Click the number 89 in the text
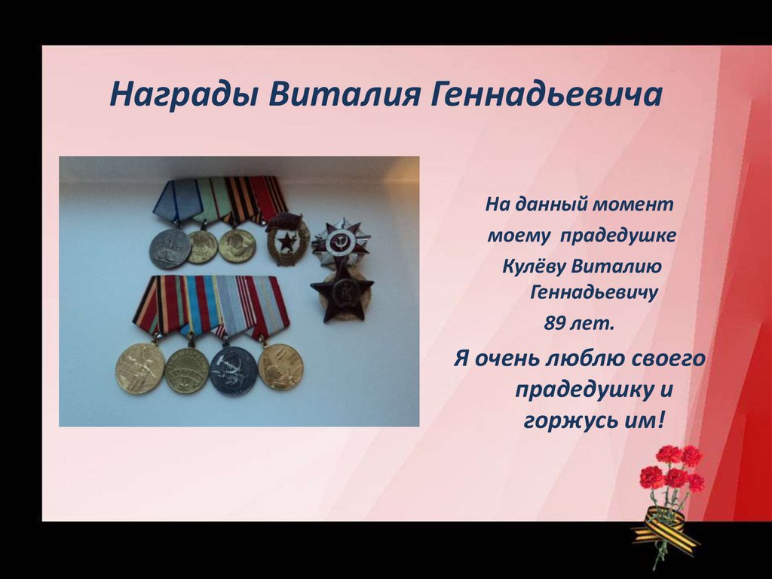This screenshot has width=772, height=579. [555, 324]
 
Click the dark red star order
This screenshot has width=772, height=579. [343, 291]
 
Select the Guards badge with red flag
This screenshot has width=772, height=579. [288, 238]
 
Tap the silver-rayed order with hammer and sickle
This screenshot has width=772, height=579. [340, 242]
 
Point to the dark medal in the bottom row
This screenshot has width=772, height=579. [234, 370]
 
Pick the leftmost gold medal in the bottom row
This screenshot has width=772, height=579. [139, 368]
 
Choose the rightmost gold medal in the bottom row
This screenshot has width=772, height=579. [280, 366]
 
